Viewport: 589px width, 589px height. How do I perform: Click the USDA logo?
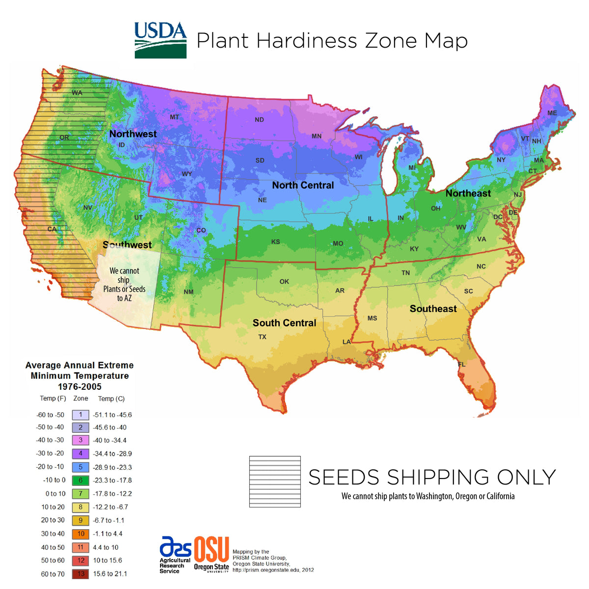click(x=161, y=40)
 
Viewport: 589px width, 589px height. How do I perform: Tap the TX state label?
click(x=263, y=337)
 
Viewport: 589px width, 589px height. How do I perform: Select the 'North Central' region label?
click(x=303, y=185)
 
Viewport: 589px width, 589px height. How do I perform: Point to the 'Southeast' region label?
click(x=433, y=309)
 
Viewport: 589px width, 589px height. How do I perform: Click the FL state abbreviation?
click(x=461, y=365)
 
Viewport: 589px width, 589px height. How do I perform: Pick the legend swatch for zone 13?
click(x=80, y=573)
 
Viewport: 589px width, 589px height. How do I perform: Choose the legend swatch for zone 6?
click(x=80, y=481)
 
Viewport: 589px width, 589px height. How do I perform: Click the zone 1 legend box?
click(x=80, y=415)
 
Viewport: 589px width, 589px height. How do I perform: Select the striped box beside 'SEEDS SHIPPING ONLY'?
click(x=275, y=482)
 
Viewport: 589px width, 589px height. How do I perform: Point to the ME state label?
click(x=552, y=113)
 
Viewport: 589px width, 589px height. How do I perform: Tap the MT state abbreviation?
click(x=174, y=117)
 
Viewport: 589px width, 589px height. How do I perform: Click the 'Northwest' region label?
click(x=133, y=134)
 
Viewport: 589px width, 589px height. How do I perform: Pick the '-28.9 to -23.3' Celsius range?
click(x=112, y=467)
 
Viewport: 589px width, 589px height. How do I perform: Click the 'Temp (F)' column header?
click(x=53, y=399)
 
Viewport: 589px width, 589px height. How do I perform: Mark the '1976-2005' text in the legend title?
click(x=80, y=387)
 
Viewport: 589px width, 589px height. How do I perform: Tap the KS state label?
click(x=275, y=242)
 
